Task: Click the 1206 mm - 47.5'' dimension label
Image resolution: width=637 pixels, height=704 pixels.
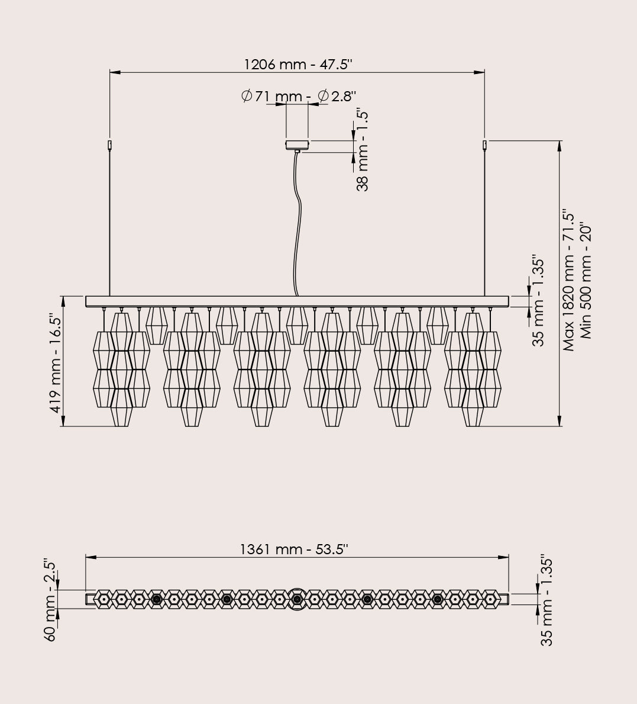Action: [x=298, y=64]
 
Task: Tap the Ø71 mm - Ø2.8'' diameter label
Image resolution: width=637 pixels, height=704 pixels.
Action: [x=299, y=96]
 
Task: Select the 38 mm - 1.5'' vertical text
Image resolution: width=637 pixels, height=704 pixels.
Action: [x=362, y=150]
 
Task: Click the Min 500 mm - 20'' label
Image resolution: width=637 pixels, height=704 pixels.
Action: [x=586, y=281]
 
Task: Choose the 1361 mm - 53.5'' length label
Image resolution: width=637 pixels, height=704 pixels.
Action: [x=295, y=549]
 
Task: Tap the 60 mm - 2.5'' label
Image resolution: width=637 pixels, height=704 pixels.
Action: [x=51, y=600]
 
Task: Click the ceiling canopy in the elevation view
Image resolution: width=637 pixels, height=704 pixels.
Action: [x=298, y=144]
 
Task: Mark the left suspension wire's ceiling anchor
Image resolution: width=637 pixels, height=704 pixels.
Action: [x=110, y=145]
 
